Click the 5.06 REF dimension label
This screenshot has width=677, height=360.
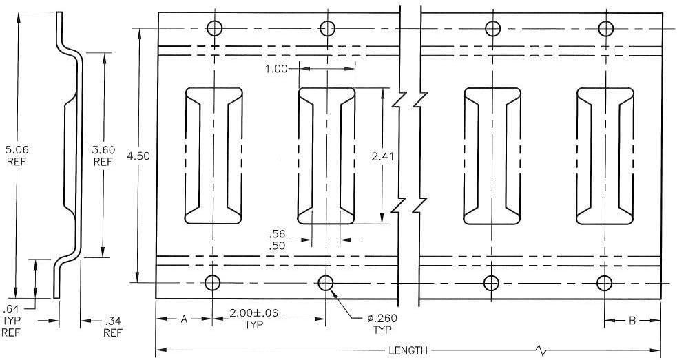click(17, 156)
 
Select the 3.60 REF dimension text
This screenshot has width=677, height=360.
click(103, 156)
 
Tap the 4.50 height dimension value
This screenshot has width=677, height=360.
click(138, 156)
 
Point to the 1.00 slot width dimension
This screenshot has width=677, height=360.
click(276, 69)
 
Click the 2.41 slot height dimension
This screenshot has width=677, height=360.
click(382, 156)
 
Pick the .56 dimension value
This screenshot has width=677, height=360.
click(277, 234)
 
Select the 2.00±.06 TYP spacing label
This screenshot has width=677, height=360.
click(253, 319)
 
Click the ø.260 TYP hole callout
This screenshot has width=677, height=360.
click(382, 324)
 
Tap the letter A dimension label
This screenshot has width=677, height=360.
click(184, 319)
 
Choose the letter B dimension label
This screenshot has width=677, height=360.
click(632, 320)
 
